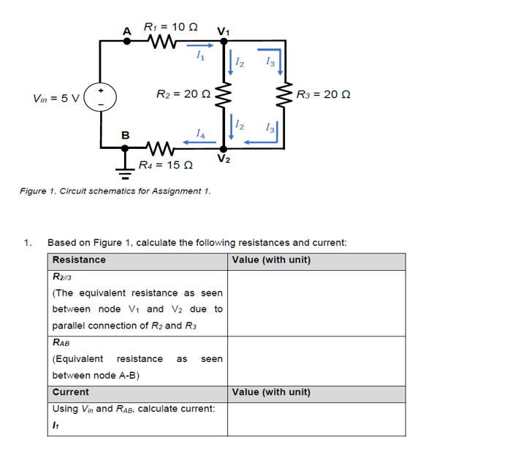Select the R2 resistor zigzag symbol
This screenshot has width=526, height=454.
coord(225,94)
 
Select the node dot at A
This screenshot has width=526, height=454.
coord(126,42)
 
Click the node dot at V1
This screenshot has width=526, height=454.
coord(225,42)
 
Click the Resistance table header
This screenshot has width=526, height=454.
coord(79,260)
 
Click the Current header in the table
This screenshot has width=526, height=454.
coord(71,392)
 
